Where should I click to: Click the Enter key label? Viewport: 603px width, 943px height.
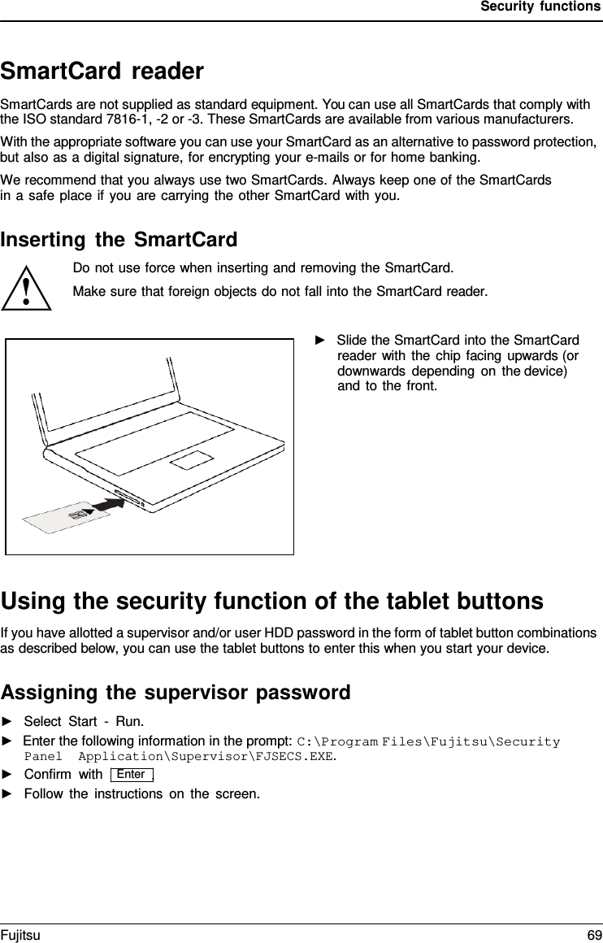pyautogui.click(x=131, y=774)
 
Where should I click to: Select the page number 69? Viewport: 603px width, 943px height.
pyautogui.click(x=594, y=935)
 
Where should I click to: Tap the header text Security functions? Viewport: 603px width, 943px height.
pyautogui.click(x=540, y=7)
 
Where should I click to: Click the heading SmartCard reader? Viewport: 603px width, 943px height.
pyautogui.click(x=102, y=72)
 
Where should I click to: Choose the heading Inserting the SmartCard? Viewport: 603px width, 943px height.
pyautogui.click(x=119, y=240)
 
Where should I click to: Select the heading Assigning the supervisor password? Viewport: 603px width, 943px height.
pyautogui.click(x=176, y=693)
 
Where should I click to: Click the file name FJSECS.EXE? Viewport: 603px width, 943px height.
pyautogui.click(x=301, y=756)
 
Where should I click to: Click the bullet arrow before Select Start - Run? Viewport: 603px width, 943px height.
pyautogui.click(x=7, y=721)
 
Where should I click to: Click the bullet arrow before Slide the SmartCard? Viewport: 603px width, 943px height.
pyautogui.click(x=320, y=339)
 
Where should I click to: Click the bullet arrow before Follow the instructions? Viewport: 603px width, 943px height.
pyautogui.click(x=7, y=793)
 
